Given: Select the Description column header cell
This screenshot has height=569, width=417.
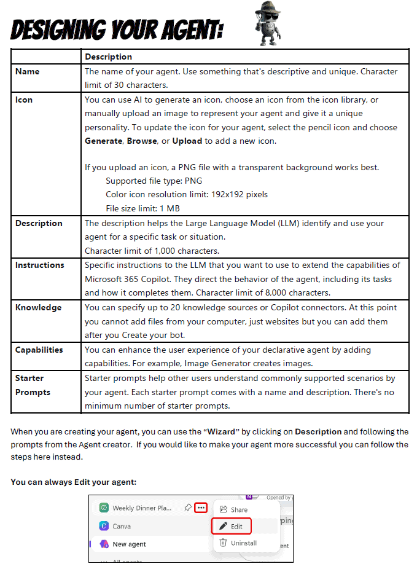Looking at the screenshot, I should [108, 57].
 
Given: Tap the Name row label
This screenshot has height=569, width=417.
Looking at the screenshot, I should [28, 71].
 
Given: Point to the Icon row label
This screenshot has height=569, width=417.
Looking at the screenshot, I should [25, 100].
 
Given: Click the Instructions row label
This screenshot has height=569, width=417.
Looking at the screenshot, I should [40, 265].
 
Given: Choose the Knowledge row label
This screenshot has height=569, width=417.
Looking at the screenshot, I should [38, 307].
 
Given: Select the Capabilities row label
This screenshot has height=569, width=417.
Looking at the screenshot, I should [39, 350].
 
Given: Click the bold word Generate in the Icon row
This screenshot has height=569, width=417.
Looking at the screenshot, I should [104, 141].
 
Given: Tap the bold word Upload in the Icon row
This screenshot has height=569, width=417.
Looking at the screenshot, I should [187, 141].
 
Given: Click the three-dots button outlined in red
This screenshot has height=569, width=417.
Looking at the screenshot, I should [201, 508].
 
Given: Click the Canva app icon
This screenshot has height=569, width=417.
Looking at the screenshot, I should [104, 526].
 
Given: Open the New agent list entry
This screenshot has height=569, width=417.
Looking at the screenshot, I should [129, 544].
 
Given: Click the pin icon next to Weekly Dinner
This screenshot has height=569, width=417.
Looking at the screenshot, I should [187, 508].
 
